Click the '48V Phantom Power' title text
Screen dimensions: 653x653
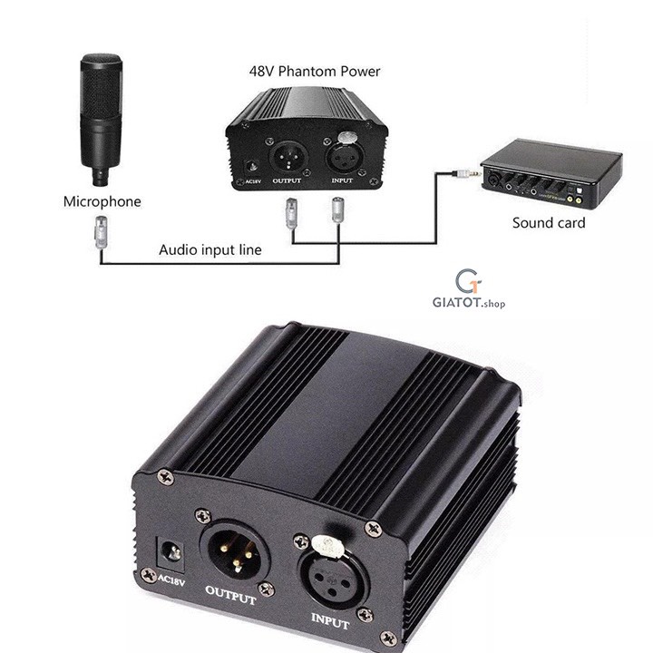coord(315,71)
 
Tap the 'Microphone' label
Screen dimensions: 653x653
coord(102,201)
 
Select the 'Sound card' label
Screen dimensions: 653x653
coord(549,222)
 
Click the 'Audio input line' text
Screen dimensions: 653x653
coord(210,249)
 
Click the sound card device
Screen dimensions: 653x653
coord(550,172)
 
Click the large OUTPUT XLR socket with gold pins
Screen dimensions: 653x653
coord(235,551)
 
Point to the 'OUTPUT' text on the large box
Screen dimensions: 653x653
coord(231,596)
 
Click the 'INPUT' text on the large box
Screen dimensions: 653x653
coord(331,621)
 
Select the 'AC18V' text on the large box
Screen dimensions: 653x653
coord(171,580)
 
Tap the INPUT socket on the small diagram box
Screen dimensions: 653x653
coord(342,155)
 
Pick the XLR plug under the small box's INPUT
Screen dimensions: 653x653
coord(337,210)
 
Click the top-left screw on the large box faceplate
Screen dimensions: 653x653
coord(166,476)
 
